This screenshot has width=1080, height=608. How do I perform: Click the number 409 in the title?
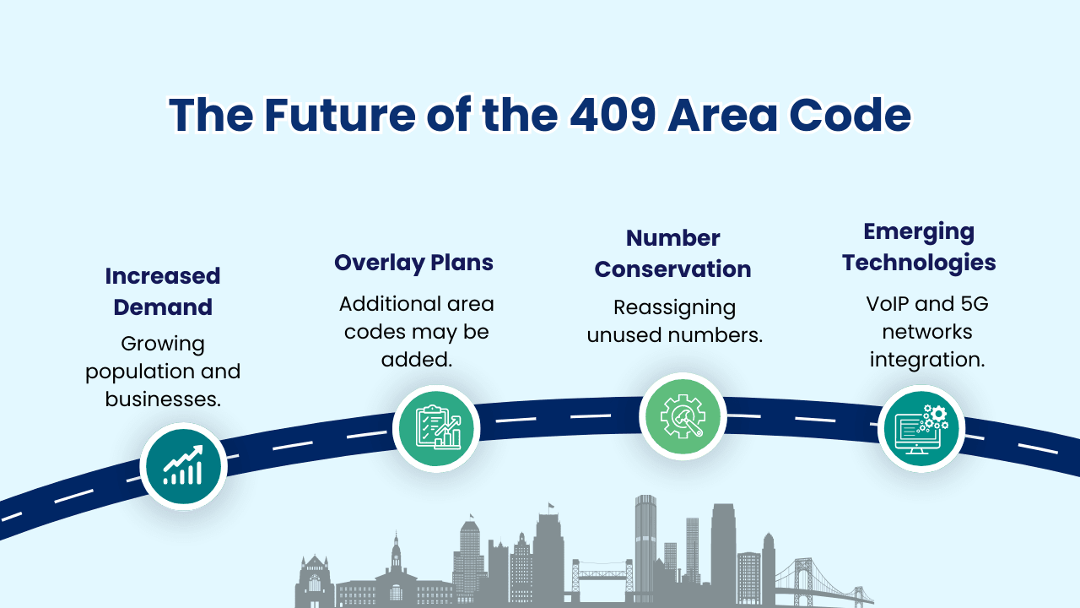(x=611, y=115)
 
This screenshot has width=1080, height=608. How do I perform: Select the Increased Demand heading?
(x=163, y=291)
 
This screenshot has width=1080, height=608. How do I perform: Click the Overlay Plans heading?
(x=413, y=262)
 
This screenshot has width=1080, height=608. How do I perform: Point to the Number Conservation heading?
(x=672, y=253)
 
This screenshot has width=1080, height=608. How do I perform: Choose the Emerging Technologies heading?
(x=919, y=247)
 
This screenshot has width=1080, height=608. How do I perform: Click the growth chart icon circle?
(x=183, y=466)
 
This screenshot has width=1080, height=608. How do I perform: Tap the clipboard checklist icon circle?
(x=436, y=428)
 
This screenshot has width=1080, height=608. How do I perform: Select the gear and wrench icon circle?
(x=683, y=416)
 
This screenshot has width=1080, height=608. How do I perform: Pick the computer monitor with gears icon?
(x=921, y=429)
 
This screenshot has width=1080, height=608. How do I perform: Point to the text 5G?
(x=971, y=303)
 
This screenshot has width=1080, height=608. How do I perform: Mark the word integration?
(x=927, y=359)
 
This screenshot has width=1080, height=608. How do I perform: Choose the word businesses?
(x=163, y=399)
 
